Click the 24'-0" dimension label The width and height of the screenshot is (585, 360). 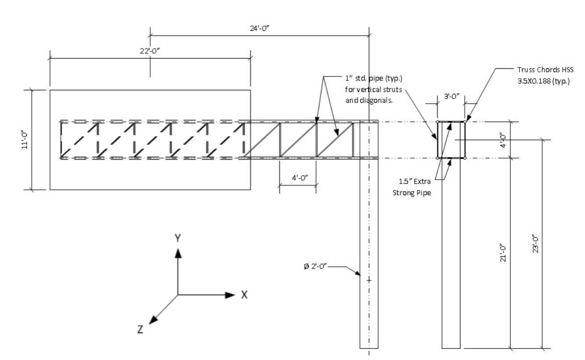click(x=259, y=28)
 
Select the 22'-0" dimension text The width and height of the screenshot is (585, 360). click(x=150, y=51)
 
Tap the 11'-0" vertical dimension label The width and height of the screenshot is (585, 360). click(x=25, y=140)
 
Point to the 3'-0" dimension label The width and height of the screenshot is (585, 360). click(x=451, y=96)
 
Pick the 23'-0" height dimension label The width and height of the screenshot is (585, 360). click(x=535, y=243)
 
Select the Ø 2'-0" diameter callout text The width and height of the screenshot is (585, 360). click(x=315, y=266)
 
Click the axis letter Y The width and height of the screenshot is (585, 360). click(x=178, y=238)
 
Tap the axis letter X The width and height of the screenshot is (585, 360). click(x=244, y=295)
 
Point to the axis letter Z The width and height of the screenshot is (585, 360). click(x=140, y=330)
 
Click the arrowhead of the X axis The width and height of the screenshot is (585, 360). click(x=230, y=295)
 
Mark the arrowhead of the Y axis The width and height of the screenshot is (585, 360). click(x=178, y=253)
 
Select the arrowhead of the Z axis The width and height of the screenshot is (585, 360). click(x=153, y=320)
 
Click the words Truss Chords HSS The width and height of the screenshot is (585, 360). click(x=545, y=70)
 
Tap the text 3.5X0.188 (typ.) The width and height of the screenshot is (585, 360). click(x=543, y=81)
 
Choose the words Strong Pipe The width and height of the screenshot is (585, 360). click(x=412, y=193)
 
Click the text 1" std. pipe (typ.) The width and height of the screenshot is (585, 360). click(x=374, y=78)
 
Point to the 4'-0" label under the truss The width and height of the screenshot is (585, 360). click(x=300, y=178)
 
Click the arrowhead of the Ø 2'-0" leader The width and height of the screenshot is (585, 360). click(x=358, y=273)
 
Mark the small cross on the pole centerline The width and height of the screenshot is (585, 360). click(x=369, y=280)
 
